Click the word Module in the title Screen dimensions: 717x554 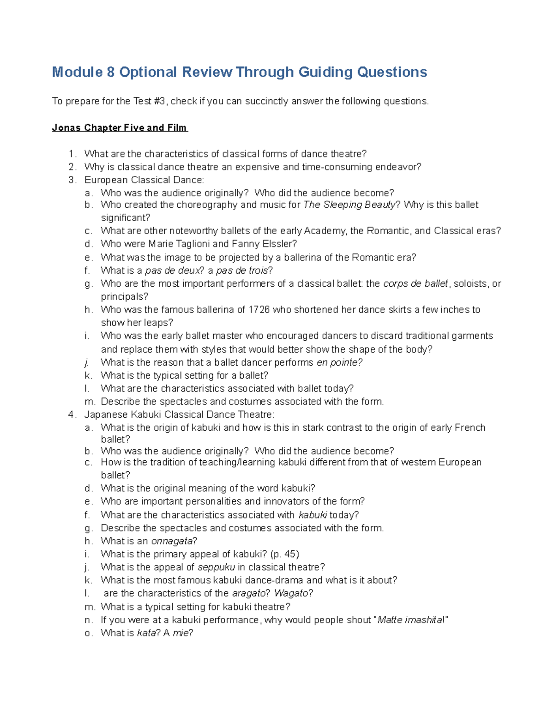[x=77, y=72]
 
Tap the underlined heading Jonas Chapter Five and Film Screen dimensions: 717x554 [x=120, y=128]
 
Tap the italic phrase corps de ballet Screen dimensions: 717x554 [x=415, y=283]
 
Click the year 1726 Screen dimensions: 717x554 [x=259, y=310]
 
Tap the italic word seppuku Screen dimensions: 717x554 [x=216, y=567]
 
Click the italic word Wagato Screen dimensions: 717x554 [x=291, y=593]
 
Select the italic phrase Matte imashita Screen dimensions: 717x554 [x=410, y=620]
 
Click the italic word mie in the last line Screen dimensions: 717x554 [x=181, y=633]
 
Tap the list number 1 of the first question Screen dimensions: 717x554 [x=71, y=154]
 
